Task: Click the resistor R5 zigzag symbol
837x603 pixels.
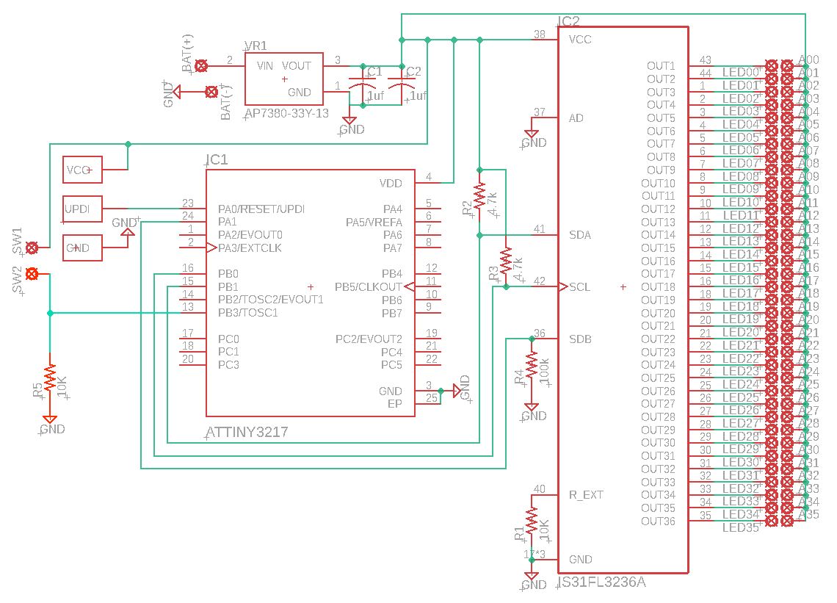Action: [x=49, y=379]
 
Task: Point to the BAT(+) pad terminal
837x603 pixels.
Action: [x=203, y=65]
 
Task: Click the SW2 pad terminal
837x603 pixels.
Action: [x=32, y=274]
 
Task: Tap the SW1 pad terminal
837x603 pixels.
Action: [x=32, y=248]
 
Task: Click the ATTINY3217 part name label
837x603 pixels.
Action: [x=247, y=433]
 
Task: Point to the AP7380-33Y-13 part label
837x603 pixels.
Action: [x=286, y=114]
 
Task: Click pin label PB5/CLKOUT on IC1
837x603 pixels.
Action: [x=369, y=286]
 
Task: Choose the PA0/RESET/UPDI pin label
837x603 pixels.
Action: [x=261, y=209]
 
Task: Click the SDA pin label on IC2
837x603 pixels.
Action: [x=580, y=235]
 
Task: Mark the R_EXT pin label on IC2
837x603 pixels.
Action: [x=586, y=495]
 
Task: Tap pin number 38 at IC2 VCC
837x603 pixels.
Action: [x=540, y=35]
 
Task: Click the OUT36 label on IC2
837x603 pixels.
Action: [x=658, y=521]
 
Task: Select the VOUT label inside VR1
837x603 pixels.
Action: [x=297, y=65]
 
